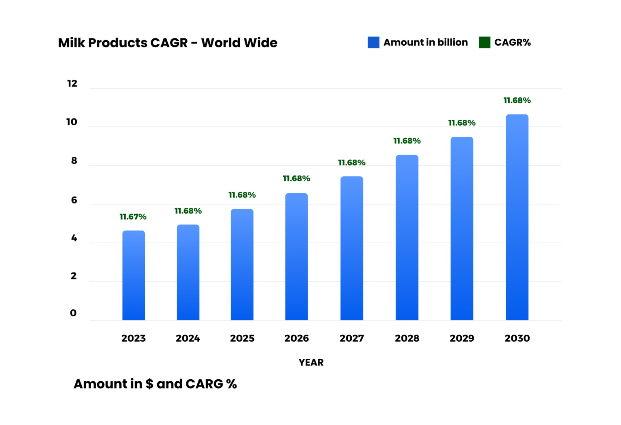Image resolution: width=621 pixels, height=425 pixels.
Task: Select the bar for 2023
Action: tap(133, 275)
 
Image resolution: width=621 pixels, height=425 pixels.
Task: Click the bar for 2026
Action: tap(296, 257)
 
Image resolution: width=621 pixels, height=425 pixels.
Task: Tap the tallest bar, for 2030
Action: tap(517, 217)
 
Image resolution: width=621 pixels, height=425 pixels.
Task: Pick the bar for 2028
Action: tap(407, 237)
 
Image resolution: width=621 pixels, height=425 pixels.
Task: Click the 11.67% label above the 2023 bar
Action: tap(133, 217)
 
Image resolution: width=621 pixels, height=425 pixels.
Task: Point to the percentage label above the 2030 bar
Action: tap(517, 100)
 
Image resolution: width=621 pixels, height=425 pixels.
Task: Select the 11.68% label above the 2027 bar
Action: tap(352, 163)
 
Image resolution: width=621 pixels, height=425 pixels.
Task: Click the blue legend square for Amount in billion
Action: tap(373, 42)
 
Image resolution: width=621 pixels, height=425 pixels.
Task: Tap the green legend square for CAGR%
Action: tap(484, 42)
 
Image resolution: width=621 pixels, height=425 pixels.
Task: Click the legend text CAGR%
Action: tap(512, 42)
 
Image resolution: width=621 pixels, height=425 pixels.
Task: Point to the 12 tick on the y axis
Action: tap(72, 84)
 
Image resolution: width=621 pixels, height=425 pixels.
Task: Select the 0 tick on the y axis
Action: tap(73, 313)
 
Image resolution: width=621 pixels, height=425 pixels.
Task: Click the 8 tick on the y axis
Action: tap(74, 161)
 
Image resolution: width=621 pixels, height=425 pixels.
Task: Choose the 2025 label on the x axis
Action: tap(242, 338)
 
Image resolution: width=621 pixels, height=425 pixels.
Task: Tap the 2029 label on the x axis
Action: tap(462, 338)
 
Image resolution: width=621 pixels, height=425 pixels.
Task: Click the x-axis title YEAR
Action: tap(311, 362)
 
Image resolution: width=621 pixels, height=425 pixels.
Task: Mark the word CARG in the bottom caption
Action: tap(204, 384)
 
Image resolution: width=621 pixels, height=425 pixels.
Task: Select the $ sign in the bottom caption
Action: tap(149, 384)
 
